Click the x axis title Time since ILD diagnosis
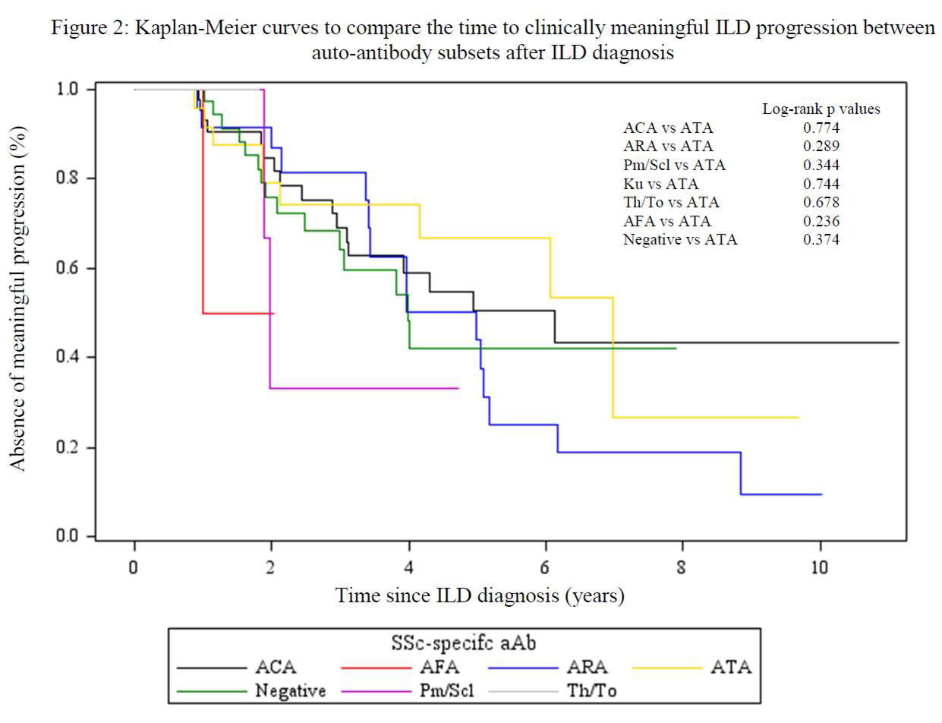pyautogui.click(x=480, y=595)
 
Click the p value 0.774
pyautogui.click(x=824, y=128)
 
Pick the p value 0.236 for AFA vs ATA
pyautogui.click(x=824, y=221)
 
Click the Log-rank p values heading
pyautogui.click(x=821, y=109)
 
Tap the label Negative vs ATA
pyautogui.click(x=680, y=240)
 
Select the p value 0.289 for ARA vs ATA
pyautogui.click(x=824, y=147)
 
